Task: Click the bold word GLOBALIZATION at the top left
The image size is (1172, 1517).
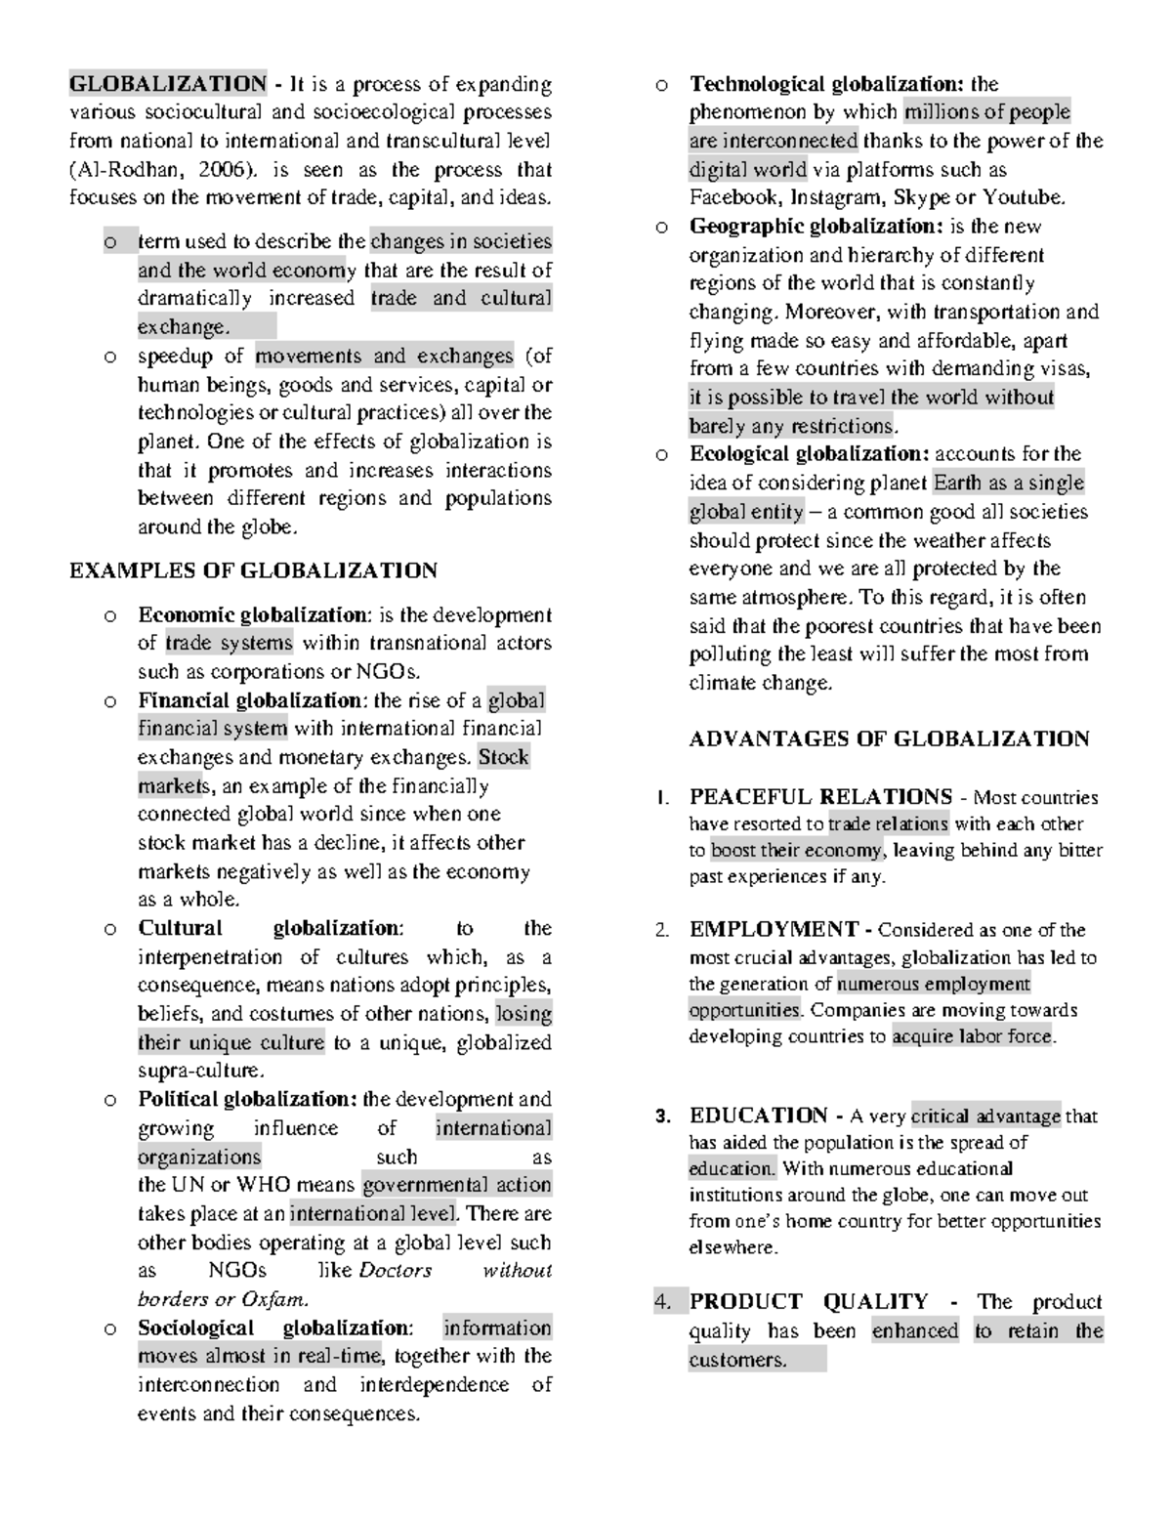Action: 167,83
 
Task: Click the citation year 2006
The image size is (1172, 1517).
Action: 222,169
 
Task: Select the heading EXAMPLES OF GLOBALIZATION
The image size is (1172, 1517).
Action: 253,570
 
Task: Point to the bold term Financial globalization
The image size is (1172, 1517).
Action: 249,700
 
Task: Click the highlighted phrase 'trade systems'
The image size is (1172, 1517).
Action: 229,643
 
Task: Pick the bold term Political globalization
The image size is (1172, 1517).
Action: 247,1099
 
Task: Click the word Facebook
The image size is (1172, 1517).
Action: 733,197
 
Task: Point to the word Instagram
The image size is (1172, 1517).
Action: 836,197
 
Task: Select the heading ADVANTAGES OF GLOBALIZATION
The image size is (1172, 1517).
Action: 889,738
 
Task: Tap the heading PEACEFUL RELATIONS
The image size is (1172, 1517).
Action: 820,797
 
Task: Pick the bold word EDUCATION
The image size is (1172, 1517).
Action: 758,1116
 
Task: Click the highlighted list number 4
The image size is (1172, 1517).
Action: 663,1302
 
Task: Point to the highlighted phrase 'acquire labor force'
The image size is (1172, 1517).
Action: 973,1036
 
